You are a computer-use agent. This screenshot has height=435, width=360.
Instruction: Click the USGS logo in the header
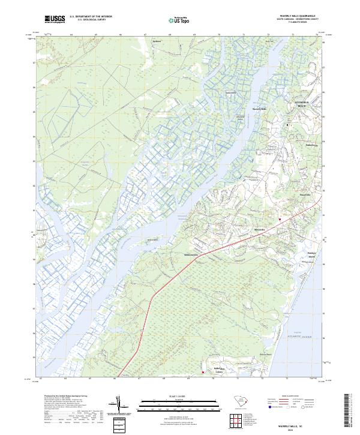coord(55,19)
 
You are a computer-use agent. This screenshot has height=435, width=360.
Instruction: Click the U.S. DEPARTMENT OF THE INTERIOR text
coord(91,17)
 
